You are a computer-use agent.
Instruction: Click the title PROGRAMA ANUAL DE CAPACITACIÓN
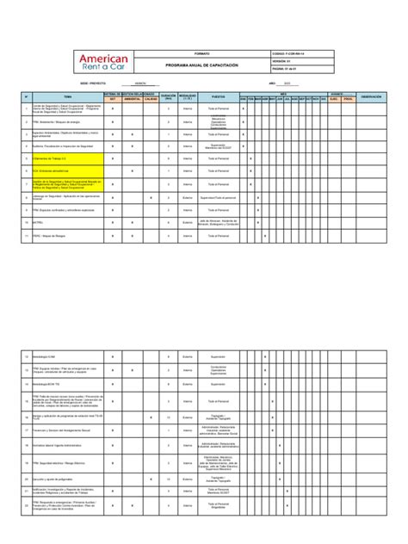pos(204,65)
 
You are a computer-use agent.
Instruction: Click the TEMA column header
pos(68,96)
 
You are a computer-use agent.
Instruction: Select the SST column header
pos(111,99)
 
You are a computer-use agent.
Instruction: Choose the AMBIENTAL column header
pos(133,99)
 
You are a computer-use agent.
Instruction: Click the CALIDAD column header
pos(151,99)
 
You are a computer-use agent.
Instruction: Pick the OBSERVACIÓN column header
pos(376,96)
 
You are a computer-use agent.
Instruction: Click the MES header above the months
pos(283,94)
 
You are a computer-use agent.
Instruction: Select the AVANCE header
pos(337,94)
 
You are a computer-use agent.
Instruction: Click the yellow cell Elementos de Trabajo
pos(68,158)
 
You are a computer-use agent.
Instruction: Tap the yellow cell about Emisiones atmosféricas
pos(68,170)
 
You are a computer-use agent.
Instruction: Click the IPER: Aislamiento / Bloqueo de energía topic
pos(68,121)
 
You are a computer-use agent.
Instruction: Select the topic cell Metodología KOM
pos(68,355)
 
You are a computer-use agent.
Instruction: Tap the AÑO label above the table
pos(273,83)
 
